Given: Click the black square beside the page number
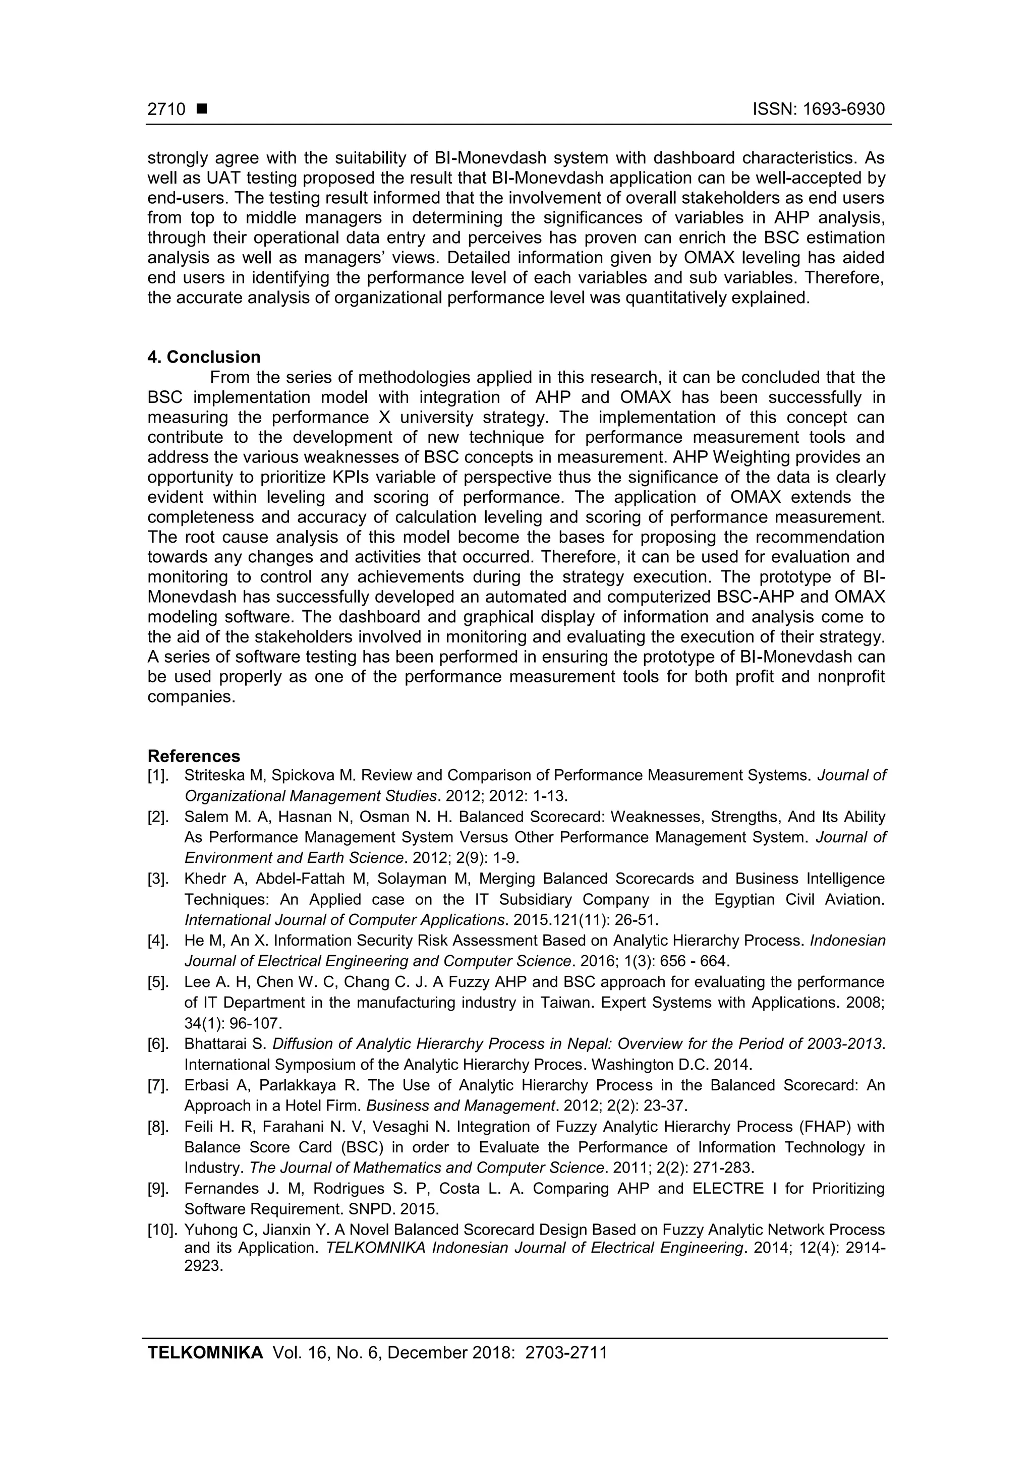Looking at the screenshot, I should point(202,109).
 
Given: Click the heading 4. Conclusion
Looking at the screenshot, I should point(204,357).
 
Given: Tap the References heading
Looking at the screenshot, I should point(194,756).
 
